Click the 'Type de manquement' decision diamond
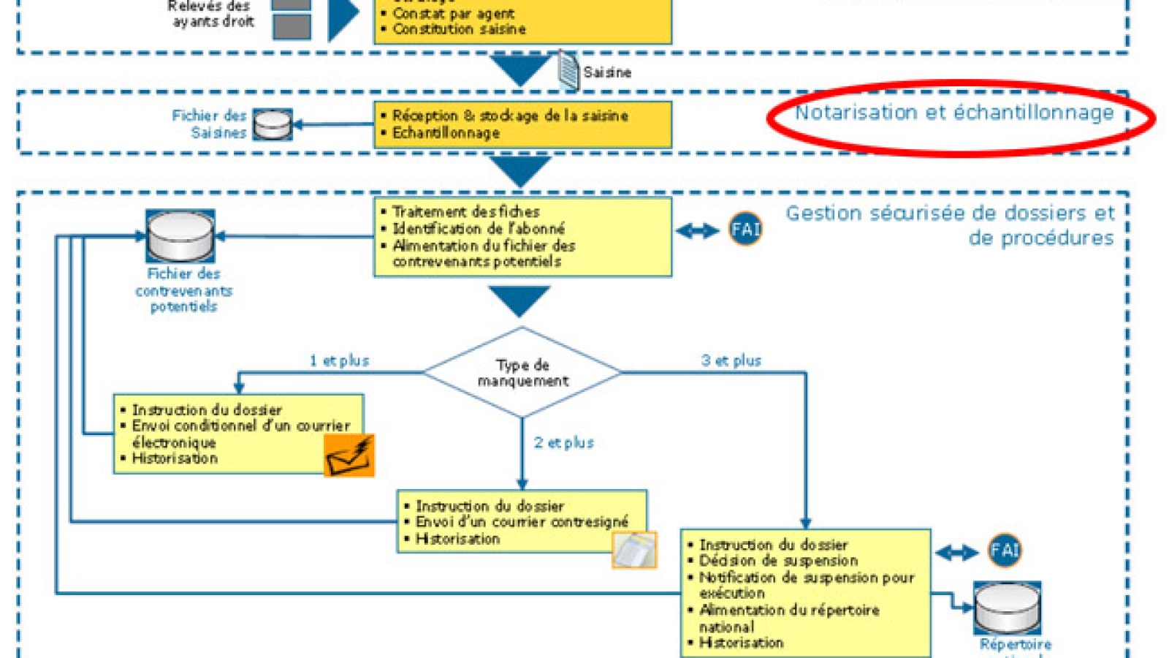[x=522, y=372]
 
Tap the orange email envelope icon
[x=349, y=455]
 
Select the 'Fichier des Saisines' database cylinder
[x=273, y=124]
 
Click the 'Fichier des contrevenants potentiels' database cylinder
[x=180, y=236]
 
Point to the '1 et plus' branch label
[x=339, y=360]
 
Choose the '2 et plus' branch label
[x=563, y=442]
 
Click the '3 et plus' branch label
[x=731, y=360]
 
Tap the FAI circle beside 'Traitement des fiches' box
[x=745, y=230]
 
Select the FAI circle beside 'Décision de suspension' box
[x=1005, y=551]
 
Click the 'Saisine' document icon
[x=569, y=70]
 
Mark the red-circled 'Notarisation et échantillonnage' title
[x=953, y=113]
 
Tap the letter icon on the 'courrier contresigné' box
[x=633, y=550]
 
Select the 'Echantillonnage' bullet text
[x=446, y=133]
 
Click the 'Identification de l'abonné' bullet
[x=479, y=229]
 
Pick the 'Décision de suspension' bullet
[x=778, y=561]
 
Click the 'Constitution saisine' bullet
[x=459, y=29]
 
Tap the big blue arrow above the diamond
[x=519, y=300]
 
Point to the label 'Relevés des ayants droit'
[x=212, y=14]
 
